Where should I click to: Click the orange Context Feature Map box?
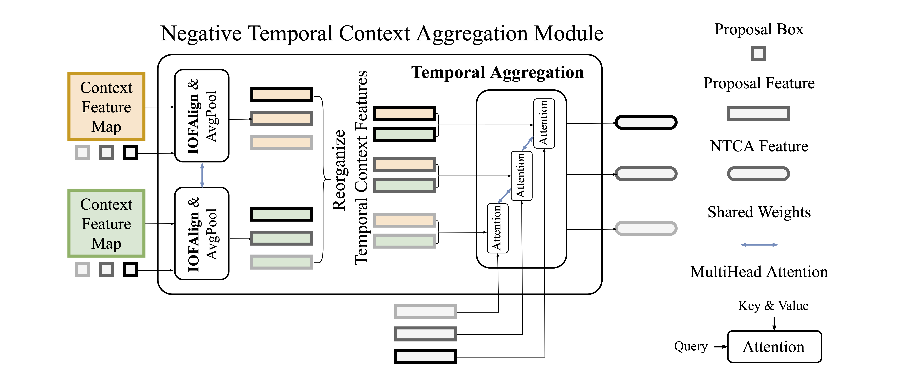tap(106, 106)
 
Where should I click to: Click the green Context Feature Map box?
tap(106, 223)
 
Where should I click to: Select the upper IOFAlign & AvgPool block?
tap(202, 116)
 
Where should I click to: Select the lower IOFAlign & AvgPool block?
tap(202, 233)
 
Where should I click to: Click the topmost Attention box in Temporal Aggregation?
tap(544, 123)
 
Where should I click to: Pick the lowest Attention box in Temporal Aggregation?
tap(497, 228)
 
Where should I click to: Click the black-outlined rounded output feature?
tap(646, 122)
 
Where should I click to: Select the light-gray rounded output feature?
tap(646, 228)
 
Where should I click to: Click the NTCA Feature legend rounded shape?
tap(758, 174)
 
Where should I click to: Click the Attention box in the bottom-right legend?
tap(774, 346)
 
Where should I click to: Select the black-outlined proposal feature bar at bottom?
tap(425, 356)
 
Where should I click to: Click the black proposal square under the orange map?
tap(130, 153)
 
